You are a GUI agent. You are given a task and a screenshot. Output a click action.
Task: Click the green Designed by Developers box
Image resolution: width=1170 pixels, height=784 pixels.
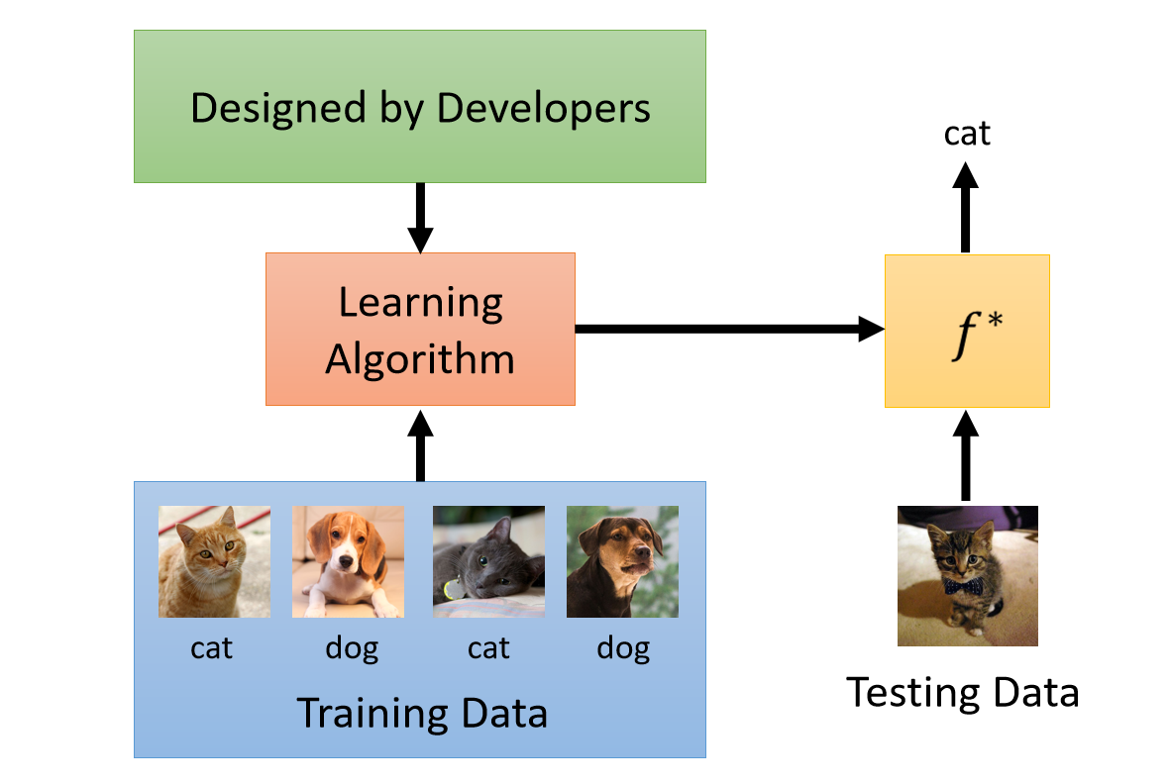(419, 106)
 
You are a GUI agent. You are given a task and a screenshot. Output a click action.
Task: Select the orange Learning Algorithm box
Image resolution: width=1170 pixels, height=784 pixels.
(419, 329)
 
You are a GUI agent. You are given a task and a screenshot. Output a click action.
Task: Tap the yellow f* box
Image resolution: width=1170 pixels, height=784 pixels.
(966, 331)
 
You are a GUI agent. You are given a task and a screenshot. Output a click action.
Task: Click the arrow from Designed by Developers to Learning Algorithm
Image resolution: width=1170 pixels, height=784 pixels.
(420, 218)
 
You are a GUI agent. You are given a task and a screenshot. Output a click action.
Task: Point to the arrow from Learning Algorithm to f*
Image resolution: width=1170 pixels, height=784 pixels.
(728, 329)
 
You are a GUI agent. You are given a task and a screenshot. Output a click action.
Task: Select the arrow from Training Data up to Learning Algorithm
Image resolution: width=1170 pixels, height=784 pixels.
(420, 444)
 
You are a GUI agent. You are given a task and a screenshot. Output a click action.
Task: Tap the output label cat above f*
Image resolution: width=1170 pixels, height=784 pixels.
(966, 133)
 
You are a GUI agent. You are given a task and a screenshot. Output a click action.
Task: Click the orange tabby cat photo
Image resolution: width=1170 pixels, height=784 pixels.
(214, 561)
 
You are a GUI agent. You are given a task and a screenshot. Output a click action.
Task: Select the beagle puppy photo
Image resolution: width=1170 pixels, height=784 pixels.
(348, 561)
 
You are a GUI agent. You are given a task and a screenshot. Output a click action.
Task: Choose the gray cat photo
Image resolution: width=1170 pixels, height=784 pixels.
(488, 561)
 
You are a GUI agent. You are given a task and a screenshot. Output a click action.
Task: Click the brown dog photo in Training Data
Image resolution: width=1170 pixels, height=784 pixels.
(622, 561)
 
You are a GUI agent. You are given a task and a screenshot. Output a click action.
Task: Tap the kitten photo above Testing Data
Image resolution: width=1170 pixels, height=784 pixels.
(967, 575)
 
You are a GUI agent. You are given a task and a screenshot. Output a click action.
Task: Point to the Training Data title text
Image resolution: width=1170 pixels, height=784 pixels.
(422, 713)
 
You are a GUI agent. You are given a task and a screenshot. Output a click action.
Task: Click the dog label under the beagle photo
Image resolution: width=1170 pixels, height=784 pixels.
(351, 648)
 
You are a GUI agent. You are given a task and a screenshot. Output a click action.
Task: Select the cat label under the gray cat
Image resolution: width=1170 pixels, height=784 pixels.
(488, 648)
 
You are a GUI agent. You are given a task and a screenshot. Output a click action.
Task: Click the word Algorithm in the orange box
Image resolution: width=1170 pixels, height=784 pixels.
(420, 358)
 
